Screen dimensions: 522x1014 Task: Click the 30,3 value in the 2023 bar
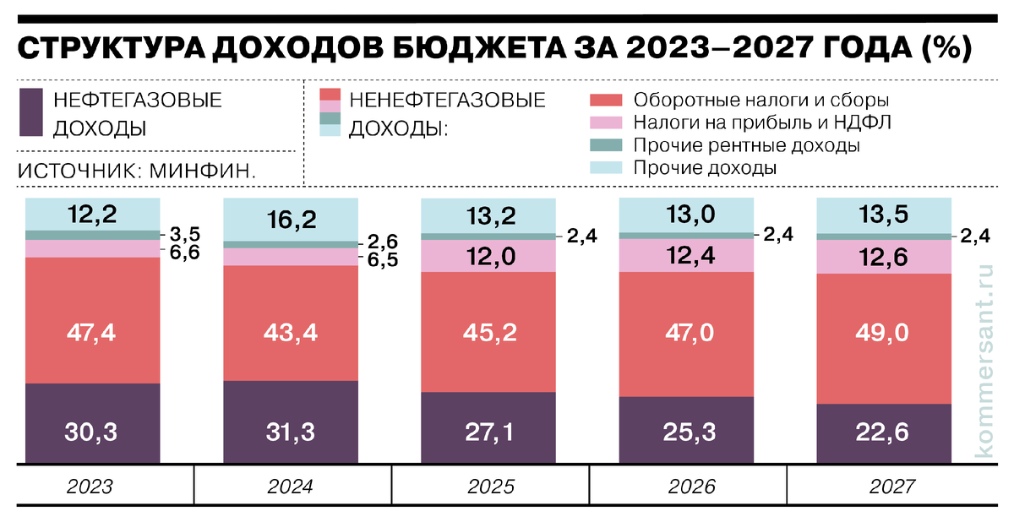pos(92,432)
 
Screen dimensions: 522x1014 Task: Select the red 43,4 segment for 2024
pos(290,332)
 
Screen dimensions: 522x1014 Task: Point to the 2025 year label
pos(488,487)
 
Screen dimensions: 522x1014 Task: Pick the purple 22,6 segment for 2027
pos(885,432)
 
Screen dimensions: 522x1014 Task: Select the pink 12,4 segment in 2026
pos(687,255)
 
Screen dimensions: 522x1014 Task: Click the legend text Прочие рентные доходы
pos(746,145)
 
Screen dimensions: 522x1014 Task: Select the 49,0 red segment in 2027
pos(885,332)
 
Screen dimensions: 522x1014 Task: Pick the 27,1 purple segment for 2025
pos(488,432)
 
